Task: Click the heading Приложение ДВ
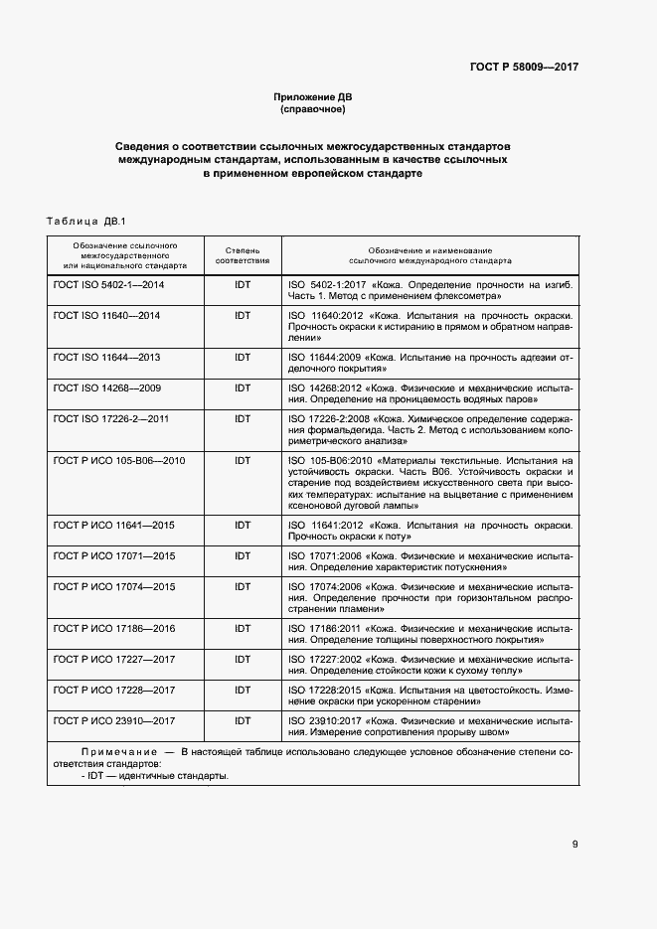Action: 313,96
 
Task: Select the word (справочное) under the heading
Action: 313,109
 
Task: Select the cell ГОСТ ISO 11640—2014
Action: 106,315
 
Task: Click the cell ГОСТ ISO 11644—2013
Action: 106,357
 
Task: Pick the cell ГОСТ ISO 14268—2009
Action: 106,387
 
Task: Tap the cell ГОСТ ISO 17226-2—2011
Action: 110,419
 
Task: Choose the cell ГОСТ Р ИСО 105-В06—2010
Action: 118,461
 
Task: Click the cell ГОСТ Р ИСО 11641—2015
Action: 113,524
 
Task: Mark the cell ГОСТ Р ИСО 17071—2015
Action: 113,555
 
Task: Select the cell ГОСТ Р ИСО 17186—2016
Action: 113,628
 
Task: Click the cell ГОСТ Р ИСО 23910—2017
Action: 113,721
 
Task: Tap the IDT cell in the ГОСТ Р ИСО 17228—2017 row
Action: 243,691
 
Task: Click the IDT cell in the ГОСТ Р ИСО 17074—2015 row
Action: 243,586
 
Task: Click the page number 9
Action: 575,845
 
